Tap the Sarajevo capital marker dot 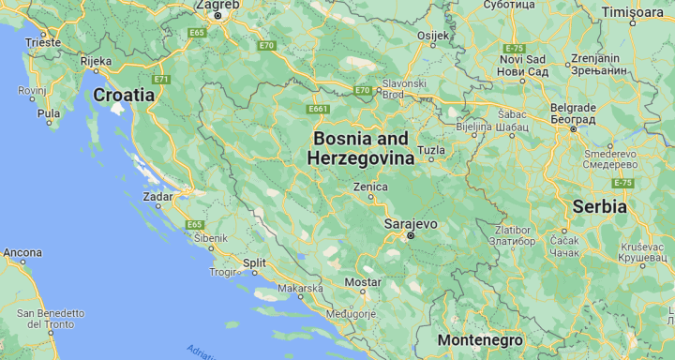[x=409, y=237]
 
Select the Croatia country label [x=125, y=95]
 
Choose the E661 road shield [x=318, y=110]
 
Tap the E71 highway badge [x=162, y=79]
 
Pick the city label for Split [x=254, y=263]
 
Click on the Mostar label [x=363, y=281]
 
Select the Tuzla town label [x=431, y=150]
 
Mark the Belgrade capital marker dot [x=573, y=128]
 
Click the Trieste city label [x=43, y=42]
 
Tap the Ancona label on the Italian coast [x=22, y=252]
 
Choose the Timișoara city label [x=631, y=12]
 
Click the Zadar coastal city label [x=157, y=197]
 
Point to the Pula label [x=48, y=113]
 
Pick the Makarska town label [x=300, y=289]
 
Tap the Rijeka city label [x=96, y=61]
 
